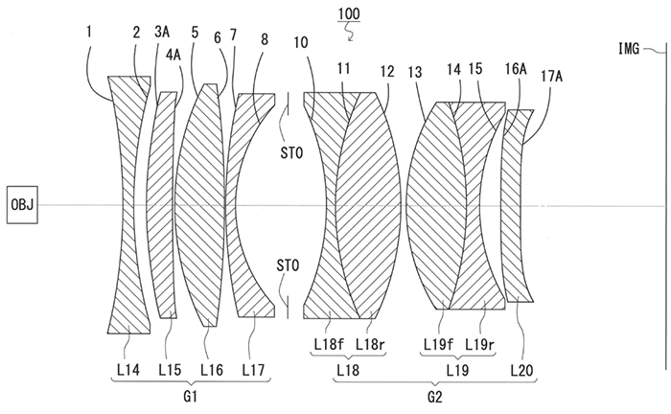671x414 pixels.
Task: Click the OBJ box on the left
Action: click(x=22, y=205)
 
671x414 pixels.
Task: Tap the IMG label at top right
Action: click(x=629, y=49)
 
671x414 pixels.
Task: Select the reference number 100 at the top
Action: click(x=349, y=14)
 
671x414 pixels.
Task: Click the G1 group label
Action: click(x=190, y=398)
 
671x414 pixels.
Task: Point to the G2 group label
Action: click(x=435, y=398)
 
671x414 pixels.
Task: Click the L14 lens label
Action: click(x=127, y=370)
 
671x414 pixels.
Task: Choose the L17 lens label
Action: click(x=253, y=370)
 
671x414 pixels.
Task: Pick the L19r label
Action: click(x=480, y=344)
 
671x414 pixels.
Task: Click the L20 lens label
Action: click(x=522, y=370)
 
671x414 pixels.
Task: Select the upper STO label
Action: click(x=291, y=152)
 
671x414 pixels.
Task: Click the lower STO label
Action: click(x=288, y=265)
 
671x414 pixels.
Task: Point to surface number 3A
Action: click(x=162, y=32)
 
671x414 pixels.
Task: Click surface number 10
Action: click(x=301, y=42)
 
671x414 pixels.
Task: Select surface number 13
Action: click(x=415, y=72)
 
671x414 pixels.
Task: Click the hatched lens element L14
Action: click(x=128, y=205)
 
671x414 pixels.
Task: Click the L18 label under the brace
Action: click(x=348, y=370)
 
